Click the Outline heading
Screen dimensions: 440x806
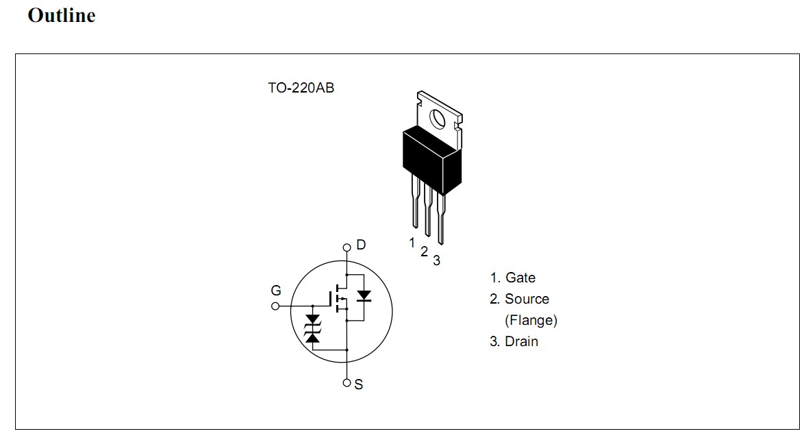61,16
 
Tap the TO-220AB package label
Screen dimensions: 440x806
301,88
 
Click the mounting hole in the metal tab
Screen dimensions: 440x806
438,119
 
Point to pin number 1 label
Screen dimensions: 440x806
412,242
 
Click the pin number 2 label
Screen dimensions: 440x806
424,252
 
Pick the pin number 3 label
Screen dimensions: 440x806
436,260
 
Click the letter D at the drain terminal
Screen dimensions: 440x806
361,245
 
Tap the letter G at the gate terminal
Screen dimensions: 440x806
276,291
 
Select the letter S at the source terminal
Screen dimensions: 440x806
359,385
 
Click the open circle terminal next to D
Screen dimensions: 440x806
347,247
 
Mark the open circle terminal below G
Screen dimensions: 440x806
275,306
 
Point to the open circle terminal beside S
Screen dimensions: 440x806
347,382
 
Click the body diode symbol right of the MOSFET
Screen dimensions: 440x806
364,296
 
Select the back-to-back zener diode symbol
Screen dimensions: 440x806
313,328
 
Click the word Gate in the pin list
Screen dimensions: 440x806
520,278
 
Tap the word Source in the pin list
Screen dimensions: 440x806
527,299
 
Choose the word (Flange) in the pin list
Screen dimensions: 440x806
531,320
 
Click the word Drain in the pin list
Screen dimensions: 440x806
521,341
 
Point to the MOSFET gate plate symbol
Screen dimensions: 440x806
331,299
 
